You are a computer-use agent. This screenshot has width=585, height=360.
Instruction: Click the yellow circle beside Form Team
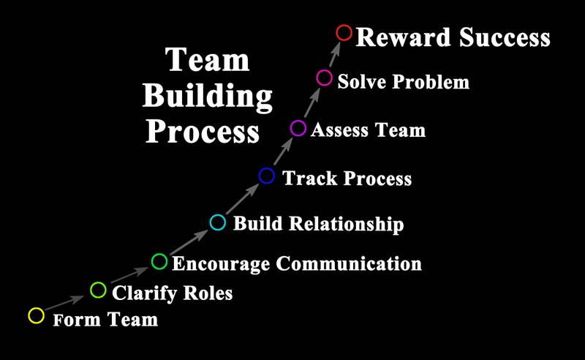[36, 315]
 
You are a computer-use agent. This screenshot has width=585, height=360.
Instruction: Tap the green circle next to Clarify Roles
[98, 290]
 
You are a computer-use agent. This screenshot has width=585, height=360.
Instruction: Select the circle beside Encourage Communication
[159, 261]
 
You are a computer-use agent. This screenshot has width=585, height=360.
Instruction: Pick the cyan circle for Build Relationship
[217, 222]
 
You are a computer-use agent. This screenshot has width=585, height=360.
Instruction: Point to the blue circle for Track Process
[267, 176]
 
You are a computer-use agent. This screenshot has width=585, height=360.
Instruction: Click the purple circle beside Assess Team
[298, 128]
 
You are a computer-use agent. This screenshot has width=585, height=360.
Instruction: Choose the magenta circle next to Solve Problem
[324, 78]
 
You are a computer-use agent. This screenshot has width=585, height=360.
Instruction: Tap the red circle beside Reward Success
[344, 33]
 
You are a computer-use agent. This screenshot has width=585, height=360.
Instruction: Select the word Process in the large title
[203, 131]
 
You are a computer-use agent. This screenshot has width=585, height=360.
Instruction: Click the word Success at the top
[505, 37]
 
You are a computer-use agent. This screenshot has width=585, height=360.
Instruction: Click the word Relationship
[347, 224]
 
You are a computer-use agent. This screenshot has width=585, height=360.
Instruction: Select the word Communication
[349, 263]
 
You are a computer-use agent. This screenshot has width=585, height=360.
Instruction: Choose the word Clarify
[145, 293]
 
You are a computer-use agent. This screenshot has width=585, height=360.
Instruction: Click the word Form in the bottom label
[77, 320]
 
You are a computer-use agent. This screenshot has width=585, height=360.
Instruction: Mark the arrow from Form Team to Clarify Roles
[64, 303]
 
